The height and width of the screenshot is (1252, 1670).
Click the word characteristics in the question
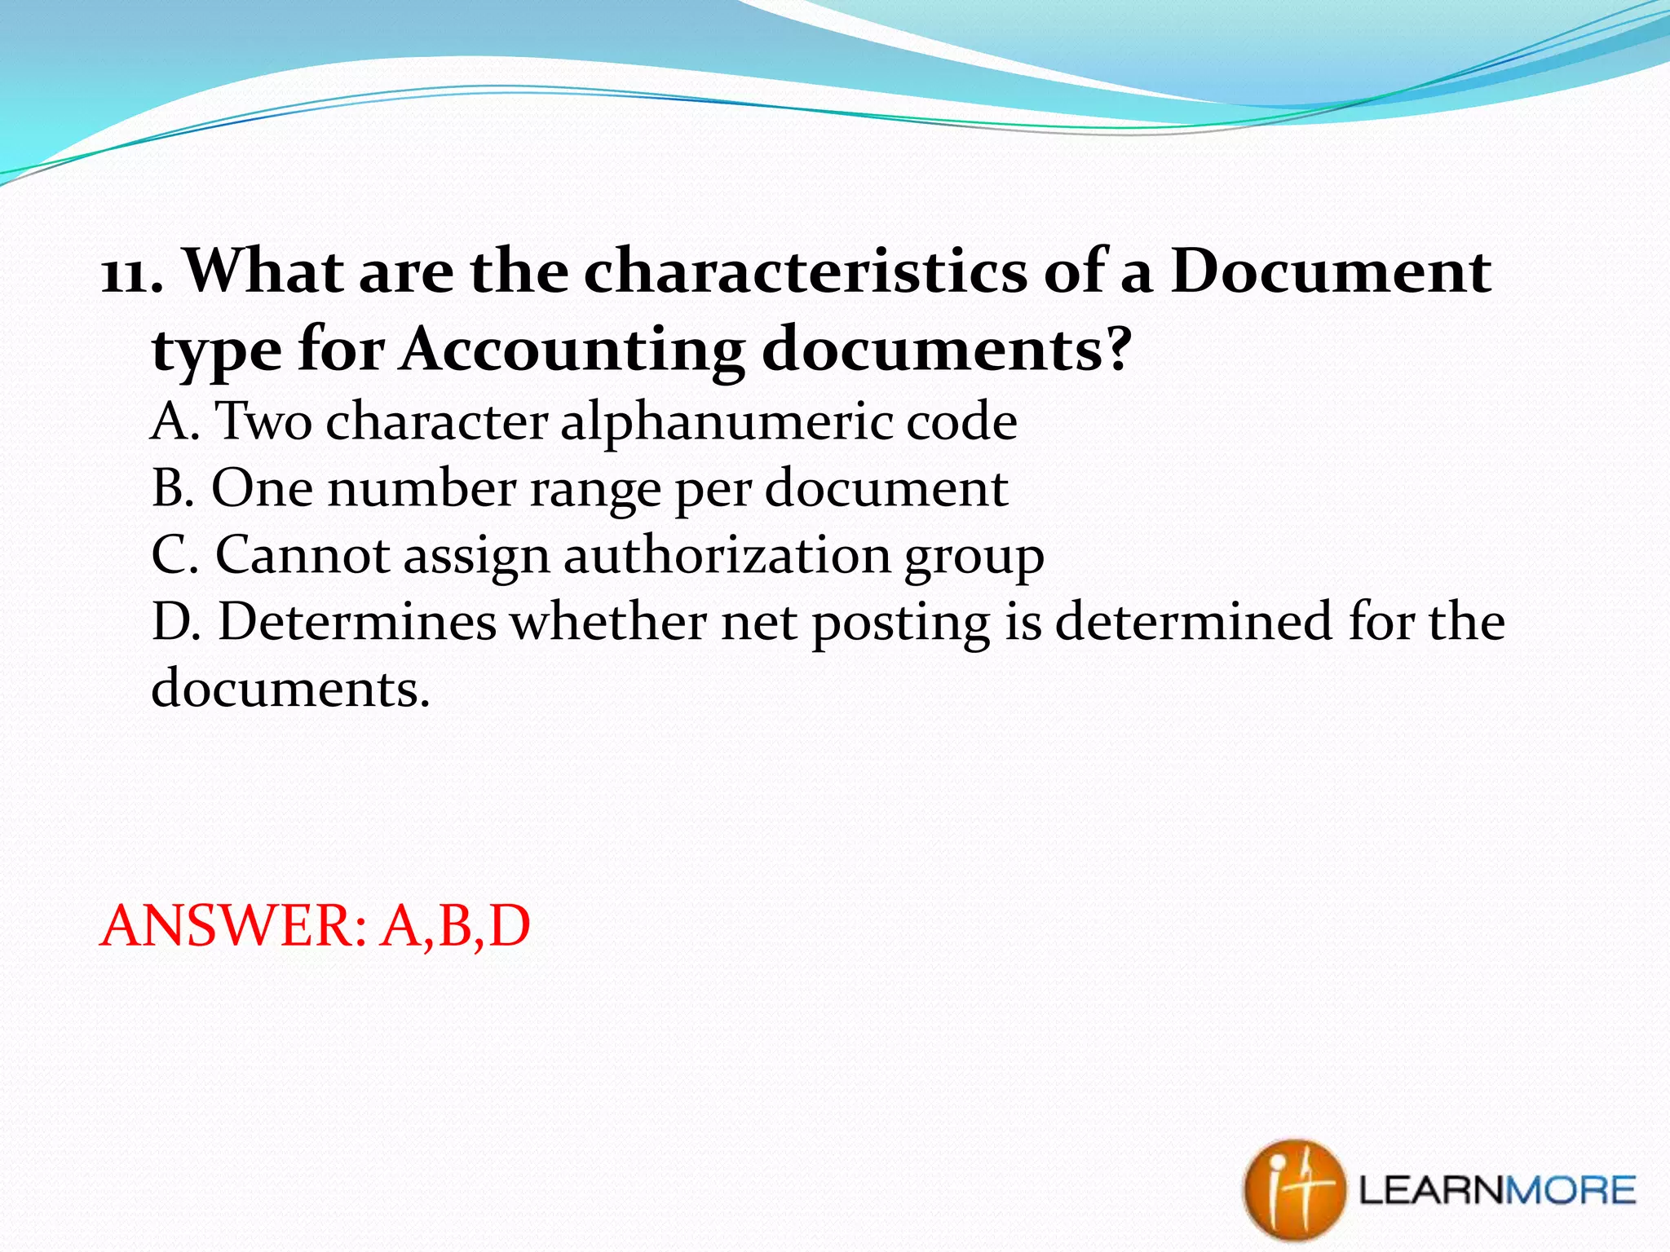click(806, 271)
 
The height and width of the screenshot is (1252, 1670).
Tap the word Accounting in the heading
click(571, 349)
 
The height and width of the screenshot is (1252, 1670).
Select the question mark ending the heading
click(1114, 349)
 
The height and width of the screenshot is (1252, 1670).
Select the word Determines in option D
click(357, 623)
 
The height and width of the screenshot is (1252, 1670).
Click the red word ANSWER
click(232, 927)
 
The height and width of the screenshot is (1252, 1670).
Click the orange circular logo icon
click(1293, 1190)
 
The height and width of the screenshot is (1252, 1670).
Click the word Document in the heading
click(1331, 271)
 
